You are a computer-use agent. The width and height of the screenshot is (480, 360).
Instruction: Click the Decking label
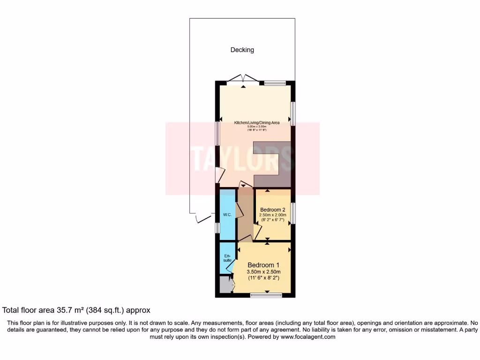click(242, 50)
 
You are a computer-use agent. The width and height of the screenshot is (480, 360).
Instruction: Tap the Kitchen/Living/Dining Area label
click(257, 123)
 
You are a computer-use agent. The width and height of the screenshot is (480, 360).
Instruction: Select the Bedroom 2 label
click(273, 209)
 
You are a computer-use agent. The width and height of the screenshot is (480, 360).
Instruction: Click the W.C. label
click(227, 215)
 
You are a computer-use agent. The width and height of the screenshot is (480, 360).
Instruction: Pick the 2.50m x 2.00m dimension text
click(273, 215)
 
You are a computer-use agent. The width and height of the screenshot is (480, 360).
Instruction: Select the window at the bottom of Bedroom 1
click(266, 295)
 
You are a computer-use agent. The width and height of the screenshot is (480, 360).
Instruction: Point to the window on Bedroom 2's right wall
click(292, 213)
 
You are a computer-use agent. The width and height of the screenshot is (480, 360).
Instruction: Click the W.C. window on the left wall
click(217, 228)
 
